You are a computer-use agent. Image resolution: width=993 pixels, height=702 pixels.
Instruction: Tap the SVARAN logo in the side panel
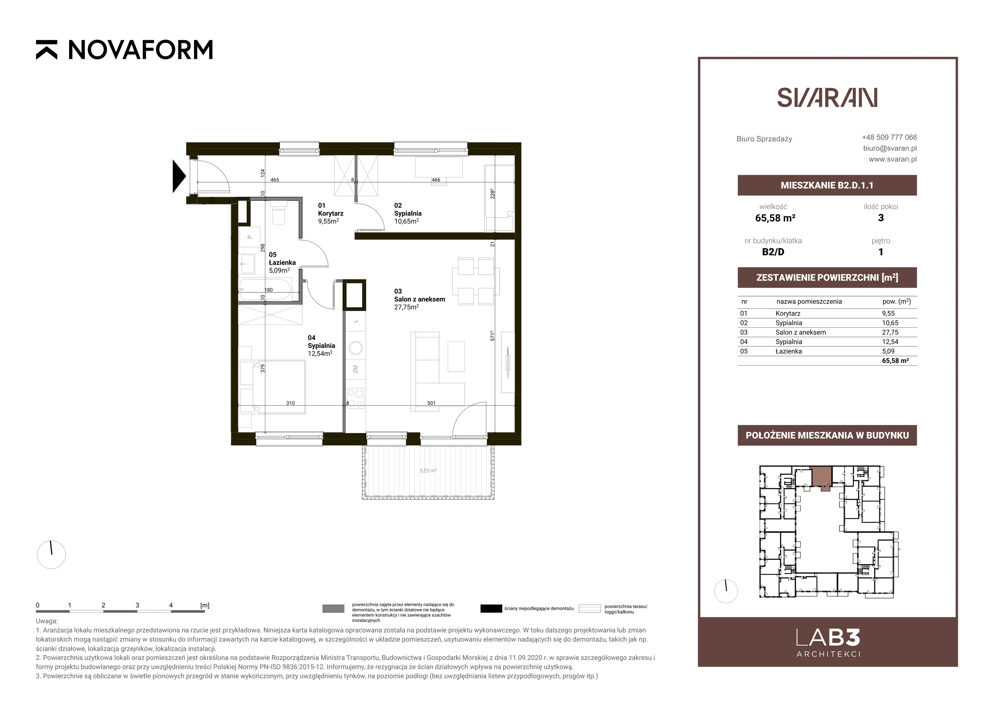click(827, 98)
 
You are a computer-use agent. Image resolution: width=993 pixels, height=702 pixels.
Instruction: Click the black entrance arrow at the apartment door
click(179, 176)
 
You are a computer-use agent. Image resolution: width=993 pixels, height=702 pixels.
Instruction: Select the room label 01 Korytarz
click(331, 213)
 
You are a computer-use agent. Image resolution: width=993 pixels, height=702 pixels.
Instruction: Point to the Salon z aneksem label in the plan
click(419, 299)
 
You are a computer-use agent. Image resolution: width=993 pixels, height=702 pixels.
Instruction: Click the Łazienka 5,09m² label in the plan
click(282, 263)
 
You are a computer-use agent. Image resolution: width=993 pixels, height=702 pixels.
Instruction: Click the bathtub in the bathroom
click(265, 290)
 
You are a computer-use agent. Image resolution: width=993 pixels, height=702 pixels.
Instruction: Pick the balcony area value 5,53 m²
click(428, 470)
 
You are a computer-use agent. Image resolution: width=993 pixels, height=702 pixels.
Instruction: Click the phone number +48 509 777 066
click(889, 137)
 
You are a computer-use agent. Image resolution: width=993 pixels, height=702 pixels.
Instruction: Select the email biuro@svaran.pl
click(890, 148)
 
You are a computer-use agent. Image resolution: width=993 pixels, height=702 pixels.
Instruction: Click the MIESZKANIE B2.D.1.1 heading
click(827, 185)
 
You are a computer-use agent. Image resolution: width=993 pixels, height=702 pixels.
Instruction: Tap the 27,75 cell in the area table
click(890, 332)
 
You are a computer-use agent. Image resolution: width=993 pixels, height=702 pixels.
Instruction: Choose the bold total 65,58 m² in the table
click(895, 361)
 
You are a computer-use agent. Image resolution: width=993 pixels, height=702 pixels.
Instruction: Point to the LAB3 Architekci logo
click(828, 643)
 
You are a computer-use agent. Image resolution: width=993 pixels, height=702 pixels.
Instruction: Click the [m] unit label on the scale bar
click(205, 605)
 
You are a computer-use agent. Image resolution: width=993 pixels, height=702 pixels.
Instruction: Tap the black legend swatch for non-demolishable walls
click(491, 609)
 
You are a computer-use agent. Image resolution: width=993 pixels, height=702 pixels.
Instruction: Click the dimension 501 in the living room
click(431, 403)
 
